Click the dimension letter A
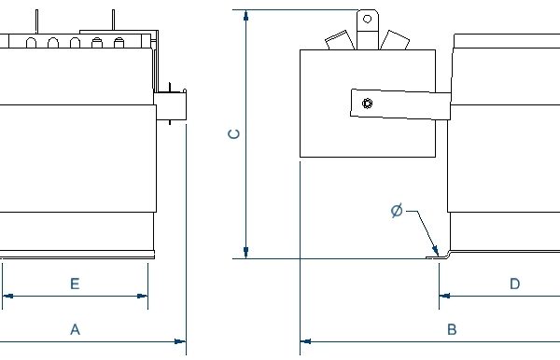pyautogui.click(x=76, y=329)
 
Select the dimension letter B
pyautogui.click(x=451, y=329)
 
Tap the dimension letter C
pyautogui.click(x=235, y=133)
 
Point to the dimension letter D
pyautogui.click(x=514, y=284)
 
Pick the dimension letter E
pyautogui.click(x=75, y=284)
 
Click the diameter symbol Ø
pyautogui.click(x=397, y=212)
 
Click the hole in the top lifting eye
pyautogui.click(x=368, y=18)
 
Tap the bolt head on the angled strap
pyautogui.click(x=369, y=104)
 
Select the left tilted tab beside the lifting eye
pyautogui.click(x=337, y=39)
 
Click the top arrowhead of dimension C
pyautogui.click(x=245, y=16)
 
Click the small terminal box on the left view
pyautogui.click(x=170, y=105)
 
